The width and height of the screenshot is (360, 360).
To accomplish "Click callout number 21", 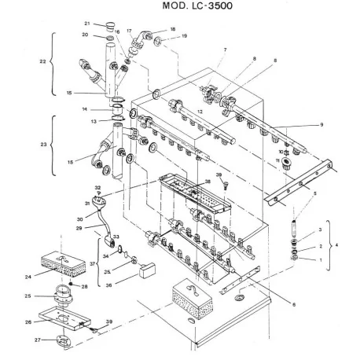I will (x=87, y=24).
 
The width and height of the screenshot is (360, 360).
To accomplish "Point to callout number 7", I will (x=224, y=50).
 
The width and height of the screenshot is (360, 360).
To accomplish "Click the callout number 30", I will (x=79, y=219).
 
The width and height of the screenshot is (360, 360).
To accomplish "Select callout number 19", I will (x=184, y=36).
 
